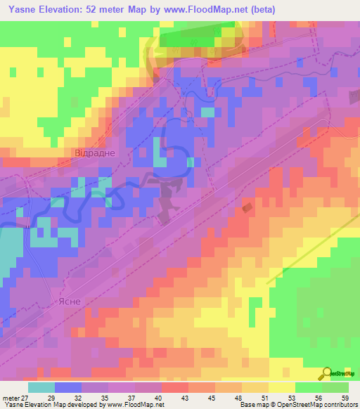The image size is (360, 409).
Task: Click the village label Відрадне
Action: pos(94,152)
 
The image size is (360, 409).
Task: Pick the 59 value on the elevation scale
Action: pos(345,397)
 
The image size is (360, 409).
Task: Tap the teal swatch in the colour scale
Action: pos(41,387)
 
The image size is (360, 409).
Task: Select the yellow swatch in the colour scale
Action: pos(282,387)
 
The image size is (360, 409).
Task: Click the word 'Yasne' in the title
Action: pos(21,9)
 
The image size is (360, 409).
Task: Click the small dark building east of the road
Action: pos(247,208)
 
